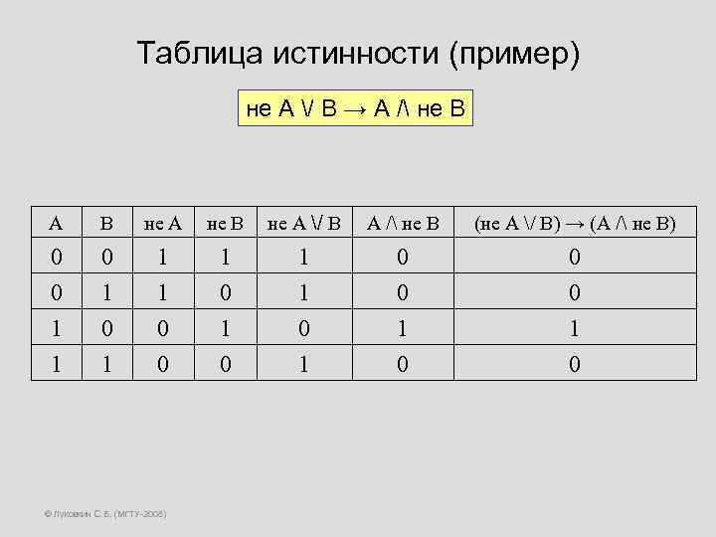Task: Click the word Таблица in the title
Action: click(189, 53)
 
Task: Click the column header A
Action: click(57, 224)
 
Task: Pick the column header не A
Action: click(163, 224)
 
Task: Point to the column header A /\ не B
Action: click(403, 224)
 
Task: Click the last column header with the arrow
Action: click(575, 224)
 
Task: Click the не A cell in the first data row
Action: click(163, 258)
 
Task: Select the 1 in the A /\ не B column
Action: click(403, 328)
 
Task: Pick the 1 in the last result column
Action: click(575, 328)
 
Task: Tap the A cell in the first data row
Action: click(57, 258)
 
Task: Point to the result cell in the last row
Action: click(575, 364)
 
